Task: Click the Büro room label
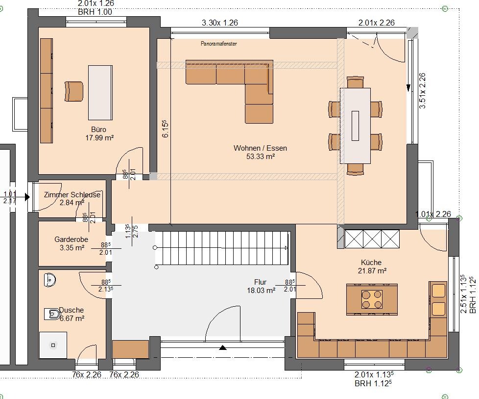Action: (98, 130)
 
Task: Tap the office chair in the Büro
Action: (73, 91)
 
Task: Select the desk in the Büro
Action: (100, 92)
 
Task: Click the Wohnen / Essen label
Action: (260, 148)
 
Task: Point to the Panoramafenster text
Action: (219, 44)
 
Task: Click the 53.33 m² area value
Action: (260, 157)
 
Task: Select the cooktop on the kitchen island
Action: (372, 299)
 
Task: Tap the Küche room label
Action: (371, 263)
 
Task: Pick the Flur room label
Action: (260, 282)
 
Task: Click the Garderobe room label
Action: (71, 239)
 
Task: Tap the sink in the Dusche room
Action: (50, 280)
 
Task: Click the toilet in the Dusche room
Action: (52, 314)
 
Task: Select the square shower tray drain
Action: (53, 345)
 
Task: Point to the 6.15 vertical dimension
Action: (165, 129)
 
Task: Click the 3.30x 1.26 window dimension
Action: (219, 23)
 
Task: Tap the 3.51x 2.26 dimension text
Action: (422, 90)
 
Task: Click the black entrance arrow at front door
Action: (223, 347)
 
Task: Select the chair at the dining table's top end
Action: (356, 82)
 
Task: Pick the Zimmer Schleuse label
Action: (72, 195)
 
